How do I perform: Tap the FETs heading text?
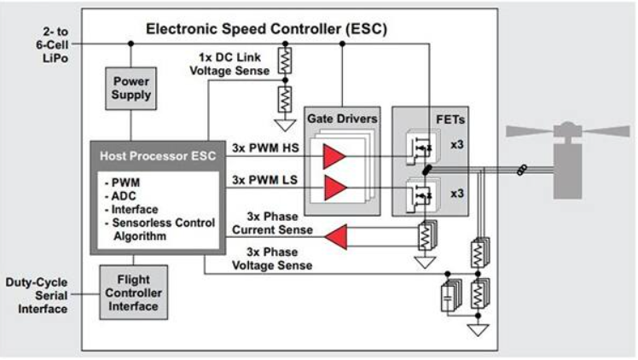[x=442, y=120]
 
